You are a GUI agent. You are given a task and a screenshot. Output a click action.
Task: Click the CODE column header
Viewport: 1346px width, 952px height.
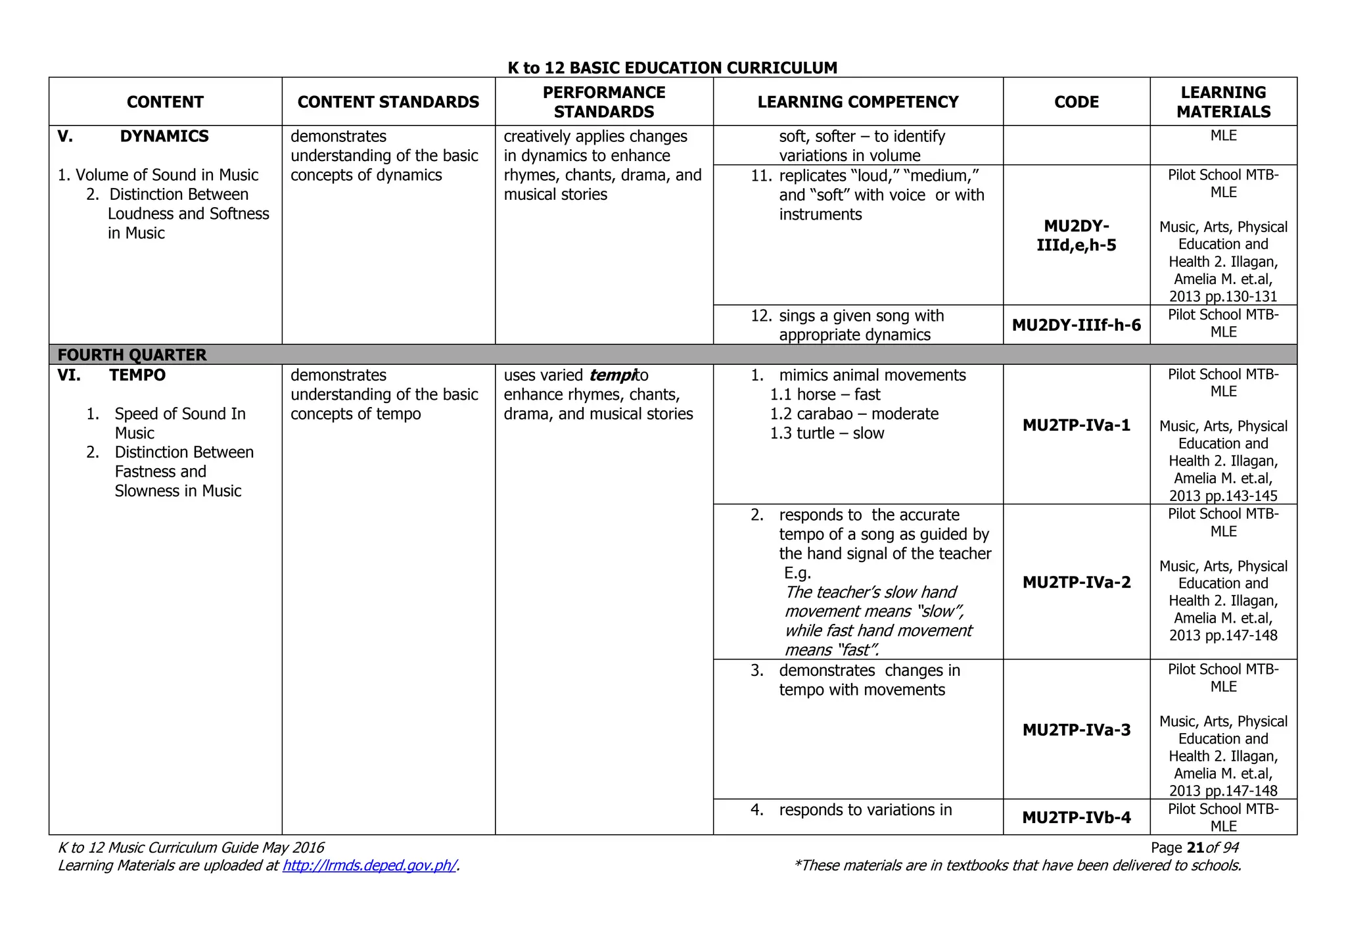pyautogui.click(x=1076, y=102)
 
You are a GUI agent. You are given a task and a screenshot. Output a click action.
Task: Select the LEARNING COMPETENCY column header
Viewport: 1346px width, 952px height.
pyautogui.click(x=858, y=102)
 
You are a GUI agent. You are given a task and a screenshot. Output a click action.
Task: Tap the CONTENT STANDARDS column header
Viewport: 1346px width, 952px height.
pyautogui.click(x=388, y=102)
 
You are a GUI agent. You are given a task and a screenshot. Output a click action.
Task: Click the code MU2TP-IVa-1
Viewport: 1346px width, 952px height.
pyautogui.click(x=1076, y=425)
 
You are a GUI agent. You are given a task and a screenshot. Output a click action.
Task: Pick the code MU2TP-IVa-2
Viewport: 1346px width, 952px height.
pyautogui.click(x=1076, y=582)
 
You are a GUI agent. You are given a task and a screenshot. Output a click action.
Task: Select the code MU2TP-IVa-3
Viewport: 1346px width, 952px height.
pyautogui.click(x=1076, y=730)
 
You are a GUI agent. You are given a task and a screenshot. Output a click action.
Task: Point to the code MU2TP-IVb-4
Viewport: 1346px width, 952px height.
pyautogui.click(x=1076, y=817)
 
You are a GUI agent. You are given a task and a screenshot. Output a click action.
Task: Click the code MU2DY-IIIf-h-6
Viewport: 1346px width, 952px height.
pyautogui.click(x=1076, y=325)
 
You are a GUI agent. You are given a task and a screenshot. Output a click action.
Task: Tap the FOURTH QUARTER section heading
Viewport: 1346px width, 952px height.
pyautogui.click(x=131, y=355)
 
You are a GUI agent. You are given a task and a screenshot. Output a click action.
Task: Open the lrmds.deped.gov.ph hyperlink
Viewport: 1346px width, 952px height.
pyautogui.click(x=369, y=865)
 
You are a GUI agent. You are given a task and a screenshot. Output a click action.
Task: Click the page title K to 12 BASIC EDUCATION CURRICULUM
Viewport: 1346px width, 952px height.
pyautogui.click(x=672, y=68)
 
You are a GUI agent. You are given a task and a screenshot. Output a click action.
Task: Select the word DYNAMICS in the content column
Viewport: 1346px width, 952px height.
pyautogui.click(x=164, y=136)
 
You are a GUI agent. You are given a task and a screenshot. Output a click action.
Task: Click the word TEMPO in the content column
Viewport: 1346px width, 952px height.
pyautogui.click(x=137, y=375)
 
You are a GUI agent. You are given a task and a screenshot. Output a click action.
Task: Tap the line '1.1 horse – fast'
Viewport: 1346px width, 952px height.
pyautogui.click(x=825, y=394)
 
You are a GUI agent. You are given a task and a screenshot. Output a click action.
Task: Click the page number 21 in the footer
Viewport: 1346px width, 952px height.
pyautogui.click(x=1195, y=847)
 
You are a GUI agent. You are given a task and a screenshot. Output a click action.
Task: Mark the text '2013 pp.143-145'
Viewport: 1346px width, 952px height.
pyautogui.click(x=1222, y=496)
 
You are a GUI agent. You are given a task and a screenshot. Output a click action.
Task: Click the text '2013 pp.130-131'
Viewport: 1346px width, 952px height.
pyautogui.click(x=1222, y=297)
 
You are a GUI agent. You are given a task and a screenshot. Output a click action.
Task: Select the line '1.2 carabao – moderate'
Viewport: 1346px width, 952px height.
pyautogui.click(x=854, y=414)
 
